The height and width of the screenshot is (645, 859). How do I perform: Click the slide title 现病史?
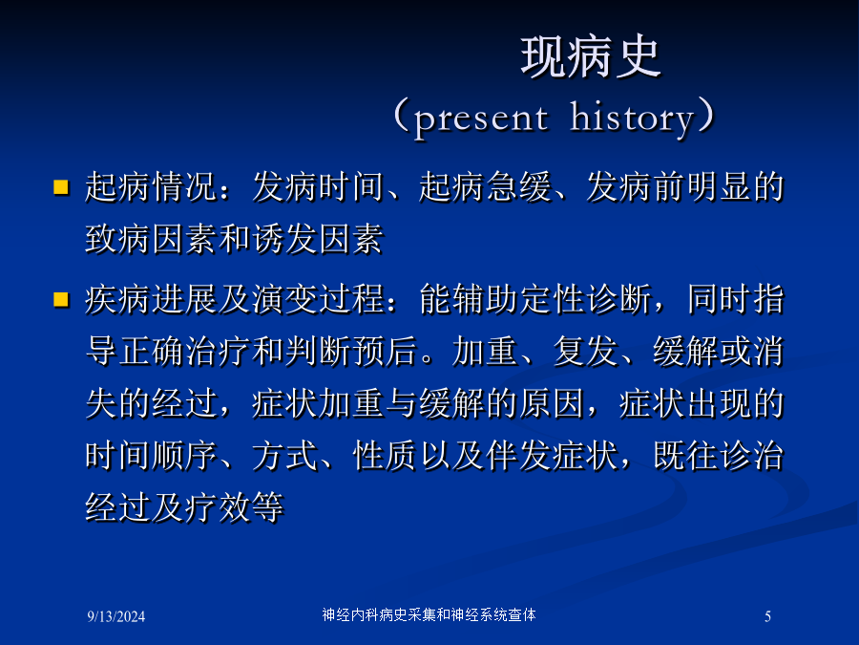[x=591, y=57]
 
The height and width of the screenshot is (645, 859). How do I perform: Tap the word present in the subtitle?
[x=481, y=118]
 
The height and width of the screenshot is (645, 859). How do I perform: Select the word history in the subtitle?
[x=632, y=117]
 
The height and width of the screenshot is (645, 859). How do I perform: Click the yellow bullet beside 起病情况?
[x=61, y=187]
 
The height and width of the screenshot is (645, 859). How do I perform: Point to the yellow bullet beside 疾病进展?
[x=61, y=299]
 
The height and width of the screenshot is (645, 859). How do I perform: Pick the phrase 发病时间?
[x=318, y=186]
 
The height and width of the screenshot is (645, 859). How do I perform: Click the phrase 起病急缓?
[x=486, y=186]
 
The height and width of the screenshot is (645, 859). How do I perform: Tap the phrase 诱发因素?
[x=318, y=239]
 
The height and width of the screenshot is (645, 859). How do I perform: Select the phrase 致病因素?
[x=151, y=239]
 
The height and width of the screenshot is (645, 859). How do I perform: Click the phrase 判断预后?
[x=351, y=351]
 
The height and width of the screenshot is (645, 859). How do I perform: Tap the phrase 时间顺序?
[x=151, y=455]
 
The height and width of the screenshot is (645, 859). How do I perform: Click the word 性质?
[x=386, y=455]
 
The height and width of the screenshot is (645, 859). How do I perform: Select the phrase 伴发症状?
[x=553, y=455]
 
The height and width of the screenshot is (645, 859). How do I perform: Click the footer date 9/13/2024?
[x=116, y=616]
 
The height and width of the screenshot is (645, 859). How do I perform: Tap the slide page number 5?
[x=767, y=616]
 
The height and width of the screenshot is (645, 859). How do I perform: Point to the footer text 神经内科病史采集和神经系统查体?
[x=429, y=614]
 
